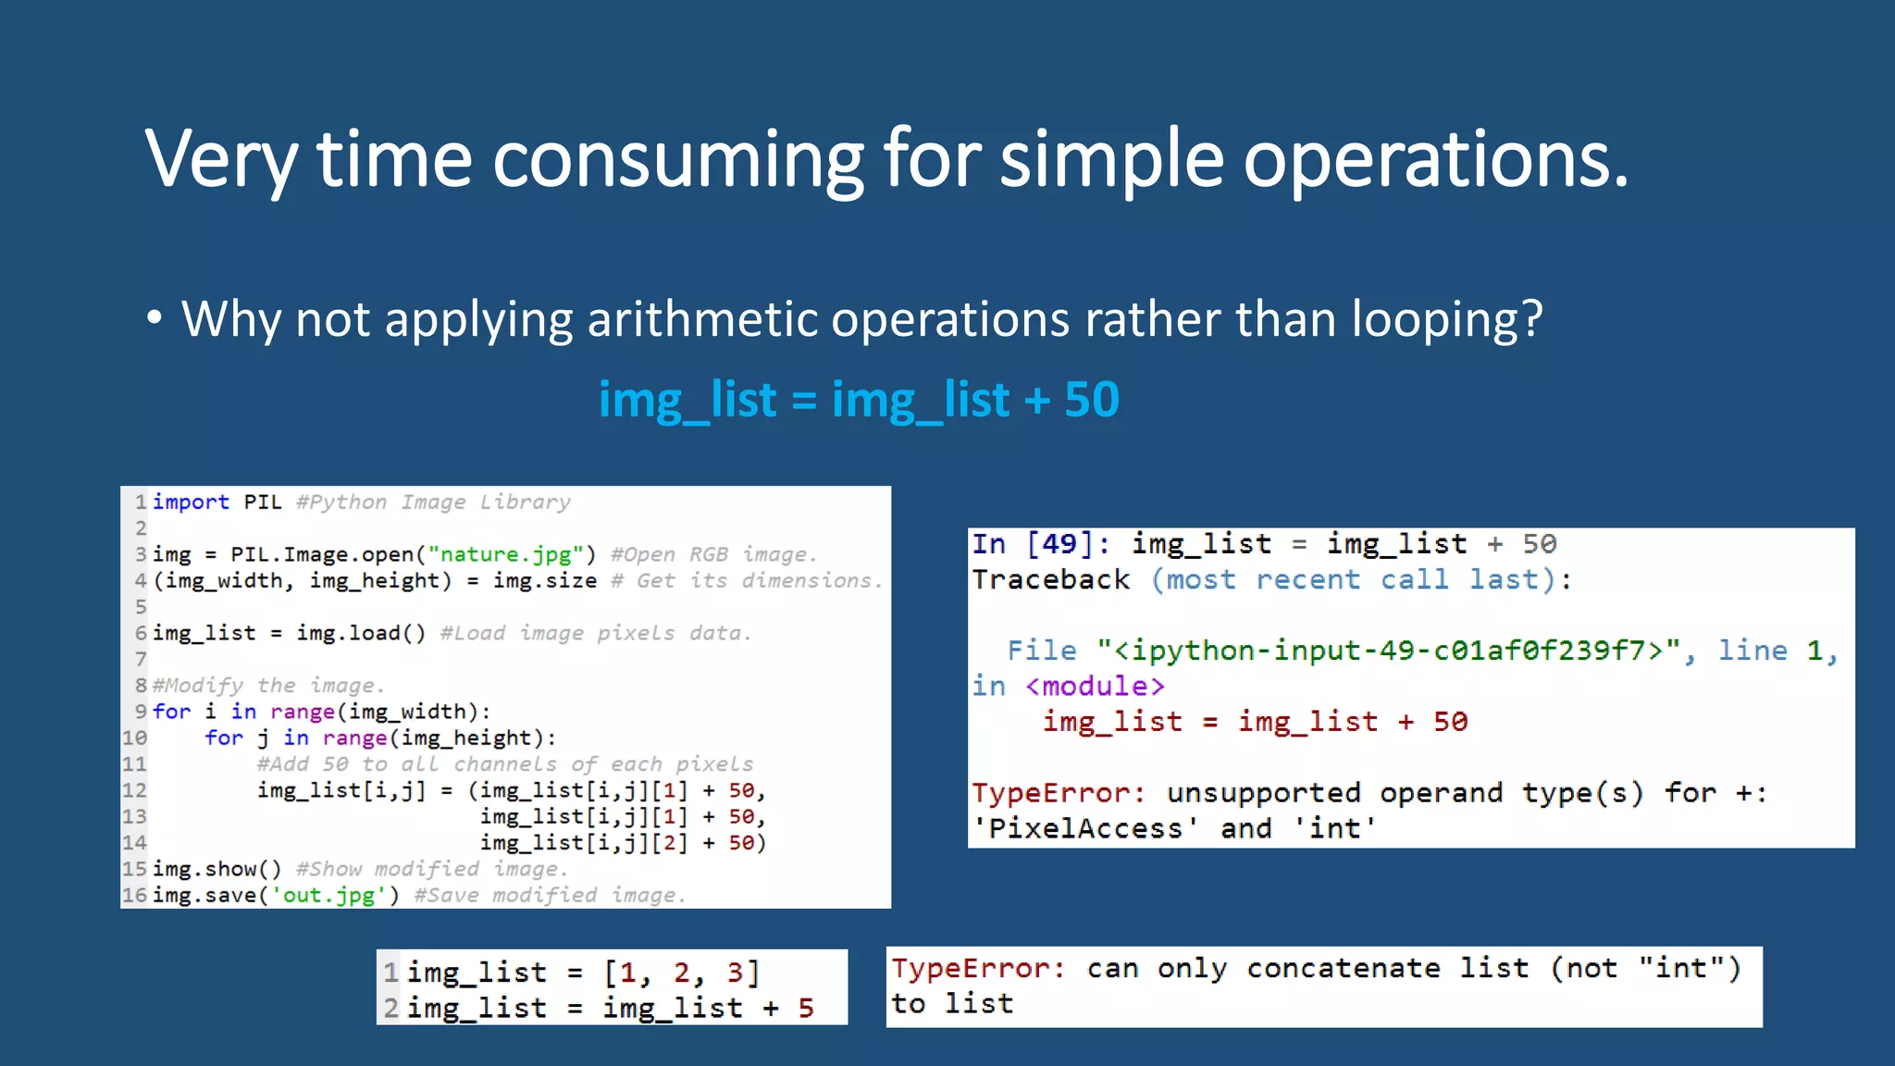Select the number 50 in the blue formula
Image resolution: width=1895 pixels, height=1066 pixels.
1092,400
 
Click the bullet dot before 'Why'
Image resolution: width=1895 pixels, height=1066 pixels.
155,318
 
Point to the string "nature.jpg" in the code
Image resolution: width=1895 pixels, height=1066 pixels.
506,554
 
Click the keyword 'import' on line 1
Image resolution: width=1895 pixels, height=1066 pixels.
191,502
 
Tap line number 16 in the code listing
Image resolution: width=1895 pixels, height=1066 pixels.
135,896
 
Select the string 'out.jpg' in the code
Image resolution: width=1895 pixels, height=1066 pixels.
328,896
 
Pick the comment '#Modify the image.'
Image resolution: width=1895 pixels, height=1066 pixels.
268,686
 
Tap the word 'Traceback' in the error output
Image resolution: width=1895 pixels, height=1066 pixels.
1051,580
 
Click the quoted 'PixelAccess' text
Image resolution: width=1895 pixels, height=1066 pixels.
1085,828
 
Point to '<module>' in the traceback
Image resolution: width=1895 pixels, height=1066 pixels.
1096,687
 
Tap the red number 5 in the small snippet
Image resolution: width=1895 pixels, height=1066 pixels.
806,1008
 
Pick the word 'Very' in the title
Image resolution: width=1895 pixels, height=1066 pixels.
220,160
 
